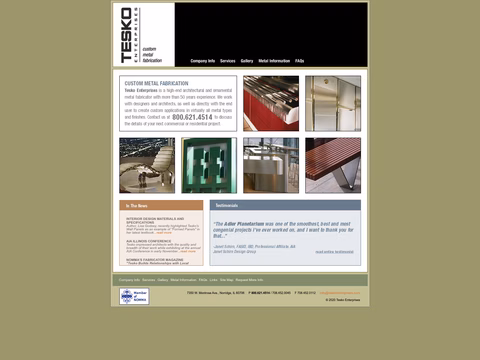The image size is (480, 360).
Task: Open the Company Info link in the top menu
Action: click(x=203, y=61)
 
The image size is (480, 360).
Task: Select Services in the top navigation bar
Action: click(x=228, y=61)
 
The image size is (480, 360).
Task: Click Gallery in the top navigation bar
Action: click(x=247, y=61)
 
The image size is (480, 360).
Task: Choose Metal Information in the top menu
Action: click(x=274, y=61)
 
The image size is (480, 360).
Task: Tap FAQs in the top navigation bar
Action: click(x=300, y=61)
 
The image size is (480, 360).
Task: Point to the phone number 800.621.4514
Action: click(x=192, y=117)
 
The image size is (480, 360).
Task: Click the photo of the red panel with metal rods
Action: click(x=270, y=103)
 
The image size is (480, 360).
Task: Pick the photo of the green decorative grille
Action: click(x=208, y=165)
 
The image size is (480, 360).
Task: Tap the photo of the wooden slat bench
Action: click(x=332, y=165)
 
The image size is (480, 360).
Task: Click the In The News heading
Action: click(x=138, y=206)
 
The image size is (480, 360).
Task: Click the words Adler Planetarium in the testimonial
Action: click(x=250, y=224)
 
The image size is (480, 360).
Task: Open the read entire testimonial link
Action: click(x=334, y=251)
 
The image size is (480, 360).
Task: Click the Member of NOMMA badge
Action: click(x=133, y=296)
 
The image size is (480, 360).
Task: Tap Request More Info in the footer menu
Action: click(x=249, y=280)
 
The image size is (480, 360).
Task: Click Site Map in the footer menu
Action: click(x=227, y=280)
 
